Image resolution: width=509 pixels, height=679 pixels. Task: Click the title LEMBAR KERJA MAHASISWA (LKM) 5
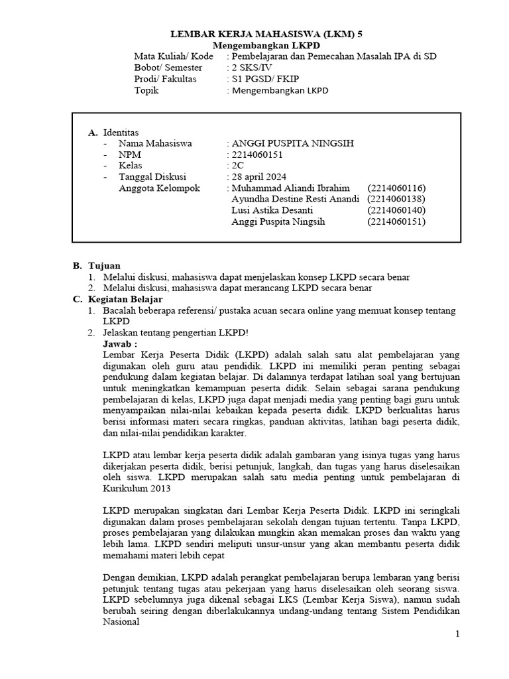[267, 33]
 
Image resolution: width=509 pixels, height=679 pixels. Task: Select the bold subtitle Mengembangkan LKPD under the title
[267, 44]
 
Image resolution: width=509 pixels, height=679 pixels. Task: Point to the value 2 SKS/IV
[249, 68]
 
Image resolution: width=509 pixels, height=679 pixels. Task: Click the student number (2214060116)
[396, 188]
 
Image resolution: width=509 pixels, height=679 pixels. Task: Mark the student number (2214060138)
[396, 199]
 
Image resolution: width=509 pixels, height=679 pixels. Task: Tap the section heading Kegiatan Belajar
[125, 299]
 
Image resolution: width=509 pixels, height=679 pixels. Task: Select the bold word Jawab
[120, 344]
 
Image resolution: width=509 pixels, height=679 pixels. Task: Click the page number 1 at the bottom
[457, 635]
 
